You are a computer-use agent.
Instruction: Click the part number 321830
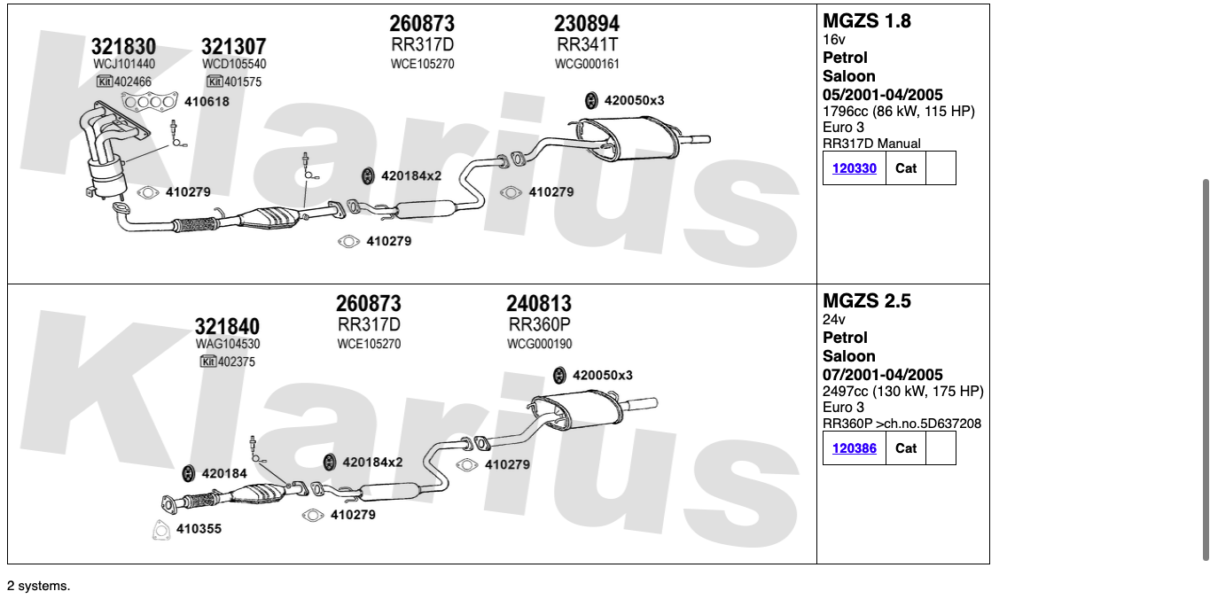[x=123, y=47]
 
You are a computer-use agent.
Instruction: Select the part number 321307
[x=233, y=47]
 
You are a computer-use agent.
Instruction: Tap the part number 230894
[x=587, y=23]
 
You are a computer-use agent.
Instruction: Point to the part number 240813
[x=539, y=304]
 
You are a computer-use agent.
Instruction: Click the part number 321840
[x=227, y=326]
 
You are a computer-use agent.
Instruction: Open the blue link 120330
[x=855, y=167]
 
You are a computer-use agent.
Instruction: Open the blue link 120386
[x=855, y=447]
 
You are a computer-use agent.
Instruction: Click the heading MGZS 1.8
[x=866, y=20]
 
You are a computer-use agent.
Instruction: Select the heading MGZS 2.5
[x=866, y=300]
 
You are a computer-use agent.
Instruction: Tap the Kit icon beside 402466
[x=105, y=82]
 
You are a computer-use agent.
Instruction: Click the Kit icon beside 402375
[x=208, y=362]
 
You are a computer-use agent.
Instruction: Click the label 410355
[x=199, y=529]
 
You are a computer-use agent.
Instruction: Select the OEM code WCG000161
[x=587, y=64]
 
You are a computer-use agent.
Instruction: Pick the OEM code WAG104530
[x=228, y=344]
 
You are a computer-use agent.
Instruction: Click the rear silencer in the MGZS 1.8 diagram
[x=634, y=142]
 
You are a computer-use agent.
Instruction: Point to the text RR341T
[x=587, y=44]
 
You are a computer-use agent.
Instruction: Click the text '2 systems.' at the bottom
[x=38, y=586]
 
